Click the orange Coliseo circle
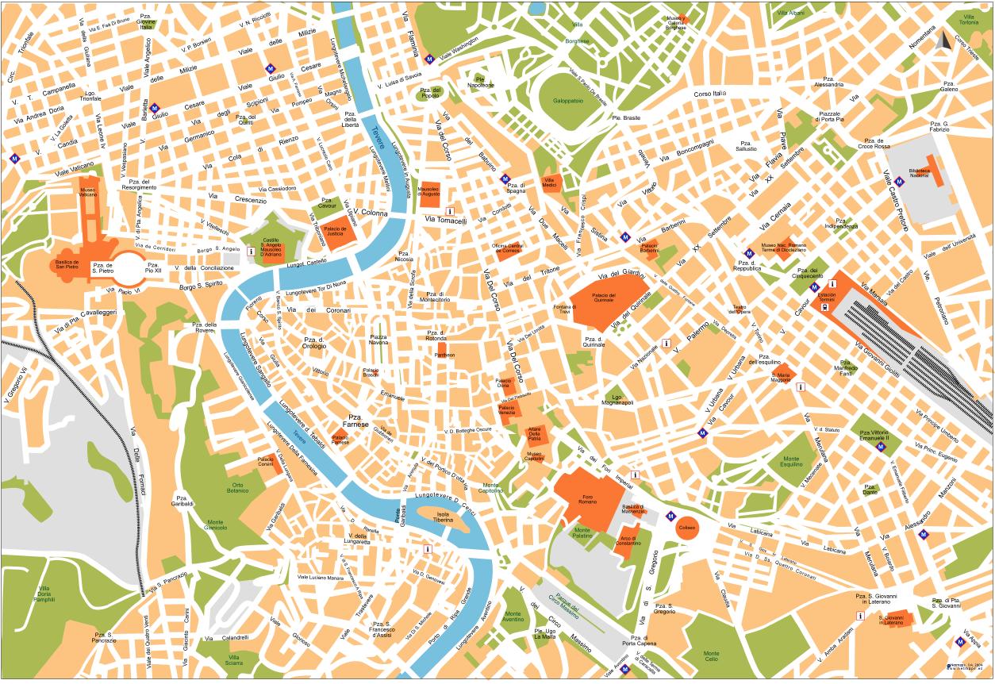[687, 528]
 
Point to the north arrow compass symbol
[943, 40]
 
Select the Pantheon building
[444, 355]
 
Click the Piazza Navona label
[378, 340]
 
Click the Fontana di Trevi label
[564, 309]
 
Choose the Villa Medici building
[549, 182]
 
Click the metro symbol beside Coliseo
[670, 516]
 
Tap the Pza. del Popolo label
[429, 94]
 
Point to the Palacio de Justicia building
[339, 231]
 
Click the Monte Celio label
[710, 655]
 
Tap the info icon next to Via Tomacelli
[450, 211]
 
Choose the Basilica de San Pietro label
[67, 264]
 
